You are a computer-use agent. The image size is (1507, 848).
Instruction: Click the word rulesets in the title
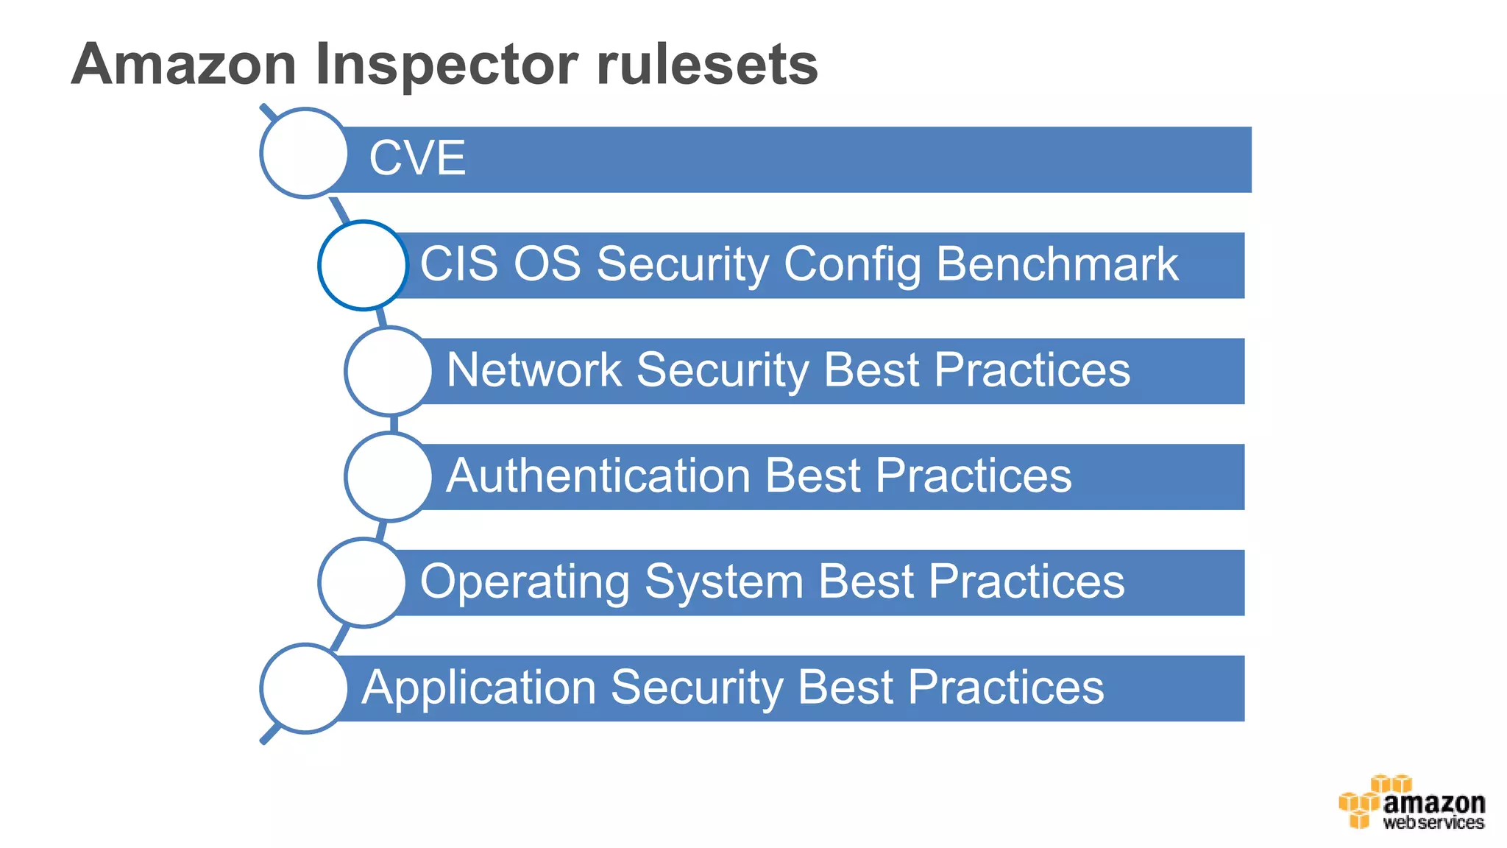click(706, 65)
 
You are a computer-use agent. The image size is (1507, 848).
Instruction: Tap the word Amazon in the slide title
click(184, 65)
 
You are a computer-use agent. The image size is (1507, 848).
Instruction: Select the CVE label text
click(417, 158)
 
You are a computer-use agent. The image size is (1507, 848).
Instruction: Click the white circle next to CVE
click(304, 153)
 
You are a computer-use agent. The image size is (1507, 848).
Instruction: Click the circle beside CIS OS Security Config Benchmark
click(363, 265)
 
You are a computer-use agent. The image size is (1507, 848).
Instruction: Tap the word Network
click(534, 370)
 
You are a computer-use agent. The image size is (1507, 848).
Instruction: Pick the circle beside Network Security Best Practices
click(389, 371)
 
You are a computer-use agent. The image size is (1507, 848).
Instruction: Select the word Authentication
click(598, 476)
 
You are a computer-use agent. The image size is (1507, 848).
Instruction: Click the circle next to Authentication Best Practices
click(389, 477)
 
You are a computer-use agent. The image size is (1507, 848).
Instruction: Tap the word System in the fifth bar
click(724, 582)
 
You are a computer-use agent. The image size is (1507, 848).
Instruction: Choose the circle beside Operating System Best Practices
click(362, 582)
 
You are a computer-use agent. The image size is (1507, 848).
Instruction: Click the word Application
click(478, 688)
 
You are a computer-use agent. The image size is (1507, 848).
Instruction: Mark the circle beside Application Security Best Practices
click(304, 688)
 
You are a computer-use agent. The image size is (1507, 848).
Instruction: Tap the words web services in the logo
click(1433, 823)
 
